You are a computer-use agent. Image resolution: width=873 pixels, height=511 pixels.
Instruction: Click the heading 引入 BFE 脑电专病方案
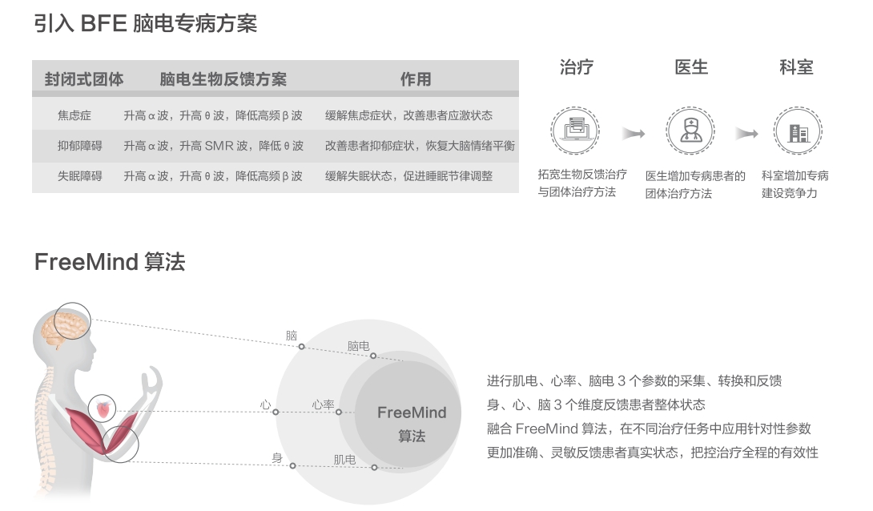[x=145, y=23]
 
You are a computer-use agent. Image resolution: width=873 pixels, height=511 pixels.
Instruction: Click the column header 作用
[x=416, y=79]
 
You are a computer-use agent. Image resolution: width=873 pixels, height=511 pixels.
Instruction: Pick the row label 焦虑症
[x=74, y=115]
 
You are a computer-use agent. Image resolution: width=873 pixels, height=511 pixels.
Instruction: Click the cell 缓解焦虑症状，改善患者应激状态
[x=408, y=115]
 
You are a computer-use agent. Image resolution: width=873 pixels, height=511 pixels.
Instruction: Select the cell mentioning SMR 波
[x=213, y=146]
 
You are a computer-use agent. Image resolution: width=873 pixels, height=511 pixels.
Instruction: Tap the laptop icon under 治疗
[x=575, y=131]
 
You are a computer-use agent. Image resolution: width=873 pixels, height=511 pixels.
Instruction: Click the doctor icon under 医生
[x=690, y=131]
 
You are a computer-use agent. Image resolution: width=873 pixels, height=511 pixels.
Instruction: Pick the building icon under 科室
[x=798, y=131]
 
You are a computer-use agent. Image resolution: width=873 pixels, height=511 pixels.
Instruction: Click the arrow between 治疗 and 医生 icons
[x=634, y=133]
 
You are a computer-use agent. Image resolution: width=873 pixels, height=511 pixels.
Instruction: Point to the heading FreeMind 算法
[x=110, y=262]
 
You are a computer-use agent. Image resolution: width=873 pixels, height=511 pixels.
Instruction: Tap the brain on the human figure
[x=71, y=322]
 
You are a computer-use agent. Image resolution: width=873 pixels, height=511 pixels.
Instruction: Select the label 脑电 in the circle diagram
[x=358, y=345]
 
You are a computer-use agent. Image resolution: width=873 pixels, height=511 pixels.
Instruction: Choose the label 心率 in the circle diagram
[x=324, y=405]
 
